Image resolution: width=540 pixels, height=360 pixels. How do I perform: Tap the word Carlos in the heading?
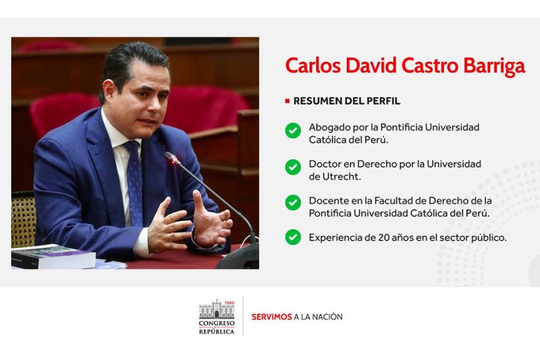point(313,65)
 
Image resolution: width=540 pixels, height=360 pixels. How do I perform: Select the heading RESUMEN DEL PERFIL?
point(347,101)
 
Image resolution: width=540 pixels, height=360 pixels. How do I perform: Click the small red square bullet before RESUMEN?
point(287,101)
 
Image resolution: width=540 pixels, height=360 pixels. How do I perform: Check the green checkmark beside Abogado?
point(293,131)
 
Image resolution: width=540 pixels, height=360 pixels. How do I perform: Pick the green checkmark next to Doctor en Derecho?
point(293,167)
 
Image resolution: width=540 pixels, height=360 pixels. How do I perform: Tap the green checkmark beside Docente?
point(293,202)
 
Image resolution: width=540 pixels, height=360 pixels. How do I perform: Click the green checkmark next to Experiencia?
point(293,237)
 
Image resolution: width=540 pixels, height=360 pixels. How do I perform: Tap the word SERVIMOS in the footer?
point(271,317)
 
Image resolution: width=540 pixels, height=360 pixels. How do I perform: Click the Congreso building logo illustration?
point(217,309)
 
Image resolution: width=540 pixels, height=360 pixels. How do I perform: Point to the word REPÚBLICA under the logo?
point(217,332)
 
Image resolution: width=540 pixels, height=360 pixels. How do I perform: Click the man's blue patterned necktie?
point(134,182)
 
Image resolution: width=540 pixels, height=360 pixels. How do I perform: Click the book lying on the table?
point(53,256)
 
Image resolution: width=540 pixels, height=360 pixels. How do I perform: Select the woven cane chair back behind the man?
point(23,219)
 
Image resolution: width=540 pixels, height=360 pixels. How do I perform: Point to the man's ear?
point(109,91)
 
